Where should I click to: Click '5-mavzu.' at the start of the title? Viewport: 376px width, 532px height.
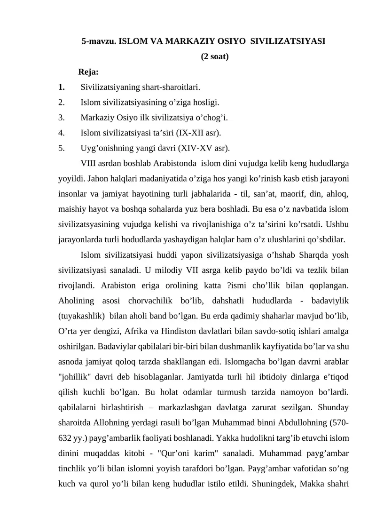coord(98,41)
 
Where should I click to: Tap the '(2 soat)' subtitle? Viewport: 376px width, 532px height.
coord(215,57)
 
